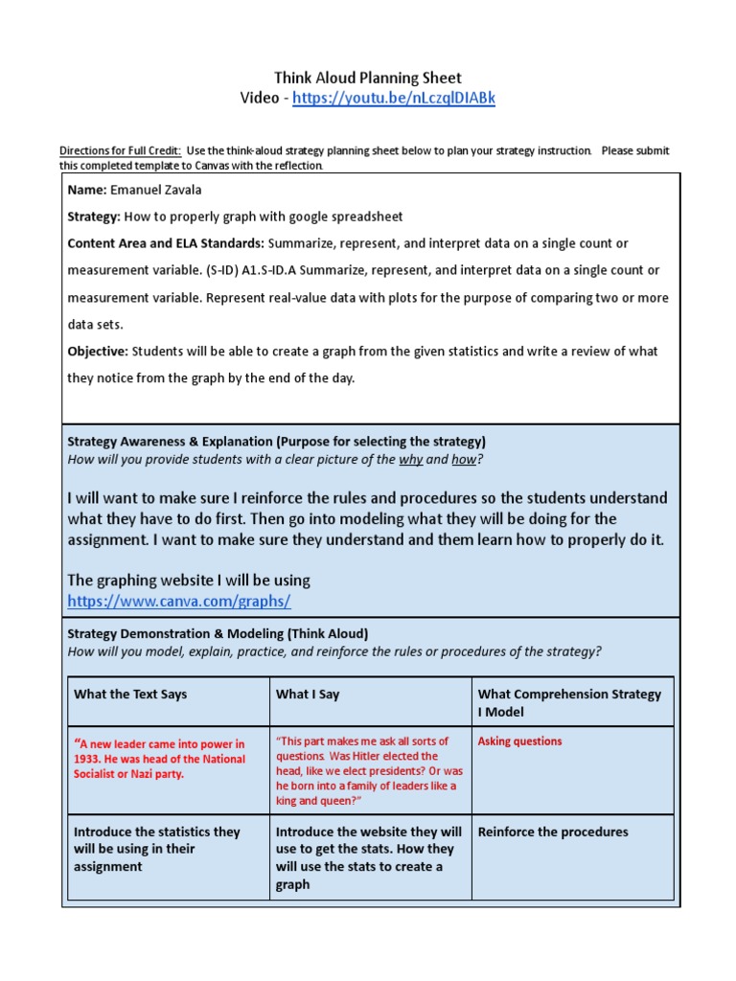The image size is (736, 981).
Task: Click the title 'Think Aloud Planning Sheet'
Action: [368, 78]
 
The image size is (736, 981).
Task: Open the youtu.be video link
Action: [393, 99]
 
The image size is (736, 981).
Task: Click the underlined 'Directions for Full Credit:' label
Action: [121, 151]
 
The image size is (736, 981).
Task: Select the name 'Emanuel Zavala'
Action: [156, 190]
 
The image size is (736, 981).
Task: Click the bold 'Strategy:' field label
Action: [94, 217]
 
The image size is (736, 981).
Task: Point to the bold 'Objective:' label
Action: [98, 351]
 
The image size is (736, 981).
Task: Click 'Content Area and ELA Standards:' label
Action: [166, 243]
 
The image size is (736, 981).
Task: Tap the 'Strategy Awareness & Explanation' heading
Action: [169, 442]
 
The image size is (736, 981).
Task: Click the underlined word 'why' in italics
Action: [410, 460]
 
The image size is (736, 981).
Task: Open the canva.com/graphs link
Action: [178, 601]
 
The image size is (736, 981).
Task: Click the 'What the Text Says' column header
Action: [130, 695]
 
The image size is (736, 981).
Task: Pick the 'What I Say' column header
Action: [308, 695]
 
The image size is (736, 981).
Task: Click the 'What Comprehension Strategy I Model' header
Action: [569, 703]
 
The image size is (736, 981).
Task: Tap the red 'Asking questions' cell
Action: [519, 741]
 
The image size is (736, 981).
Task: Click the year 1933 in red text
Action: [87, 759]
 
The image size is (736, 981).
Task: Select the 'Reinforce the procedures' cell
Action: [553, 832]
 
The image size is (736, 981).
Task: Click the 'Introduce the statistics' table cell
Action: [157, 849]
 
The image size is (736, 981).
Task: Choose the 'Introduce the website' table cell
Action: [368, 857]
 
